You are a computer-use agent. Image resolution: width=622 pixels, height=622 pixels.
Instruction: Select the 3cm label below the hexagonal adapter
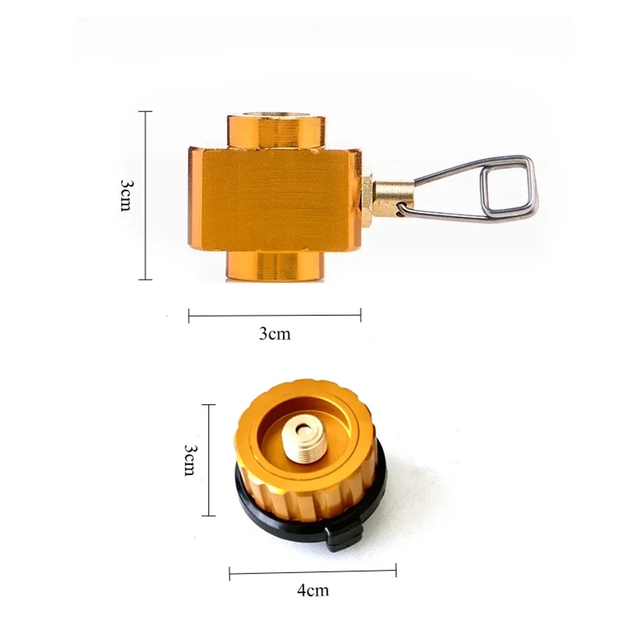[275, 334]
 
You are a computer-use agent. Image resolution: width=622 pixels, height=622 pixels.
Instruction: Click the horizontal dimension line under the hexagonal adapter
[275, 315]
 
